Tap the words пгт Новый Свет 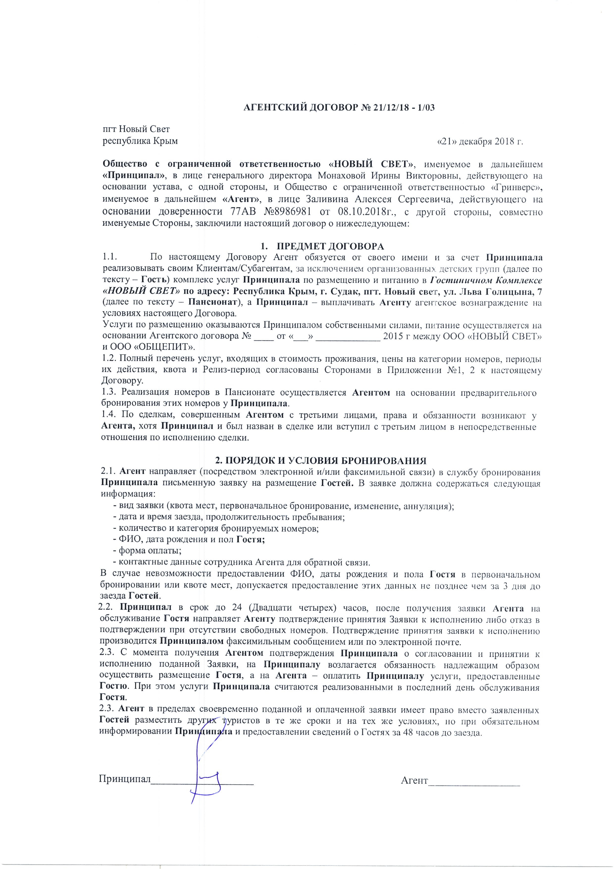[137, 130]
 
